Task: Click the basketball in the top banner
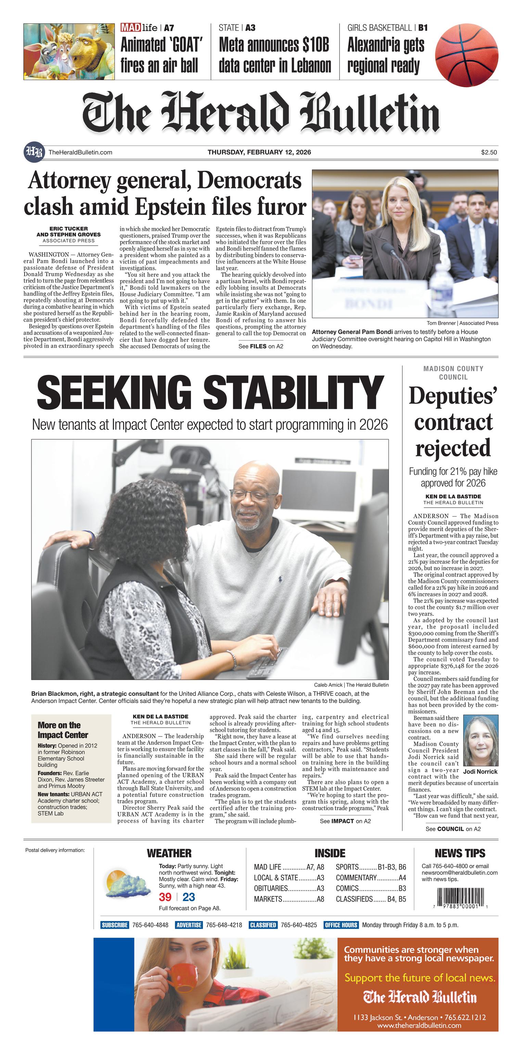(466, 55)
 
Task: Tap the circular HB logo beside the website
(33, 152)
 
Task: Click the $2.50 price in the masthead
(489, 152)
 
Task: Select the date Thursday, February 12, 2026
(259, 152)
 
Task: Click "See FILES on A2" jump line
(260, 347)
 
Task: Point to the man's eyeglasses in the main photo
(253, 496)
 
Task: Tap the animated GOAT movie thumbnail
(69, 52)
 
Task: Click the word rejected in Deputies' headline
(453, 448)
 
